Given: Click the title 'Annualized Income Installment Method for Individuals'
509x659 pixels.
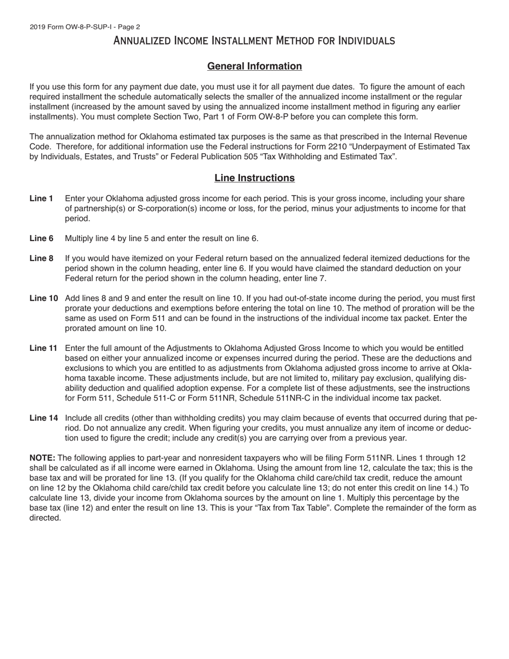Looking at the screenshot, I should point(254,41).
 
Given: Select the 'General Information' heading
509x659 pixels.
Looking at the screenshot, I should point(254,66).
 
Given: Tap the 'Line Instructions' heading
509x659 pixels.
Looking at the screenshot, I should point(254,178).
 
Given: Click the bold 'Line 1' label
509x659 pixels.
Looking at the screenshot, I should point(41,199).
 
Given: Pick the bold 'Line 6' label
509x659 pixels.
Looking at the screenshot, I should point(41,238).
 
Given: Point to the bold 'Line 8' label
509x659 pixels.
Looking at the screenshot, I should point(41,259).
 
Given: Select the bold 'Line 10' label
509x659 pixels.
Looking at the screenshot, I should point(43,298).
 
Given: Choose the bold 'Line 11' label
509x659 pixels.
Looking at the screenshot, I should point(43,348).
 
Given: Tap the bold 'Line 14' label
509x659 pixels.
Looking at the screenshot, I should point(43,418).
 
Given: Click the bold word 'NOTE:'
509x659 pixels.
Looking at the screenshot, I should point(42,458).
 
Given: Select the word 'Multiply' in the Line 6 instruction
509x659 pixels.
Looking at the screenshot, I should point(80,238).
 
